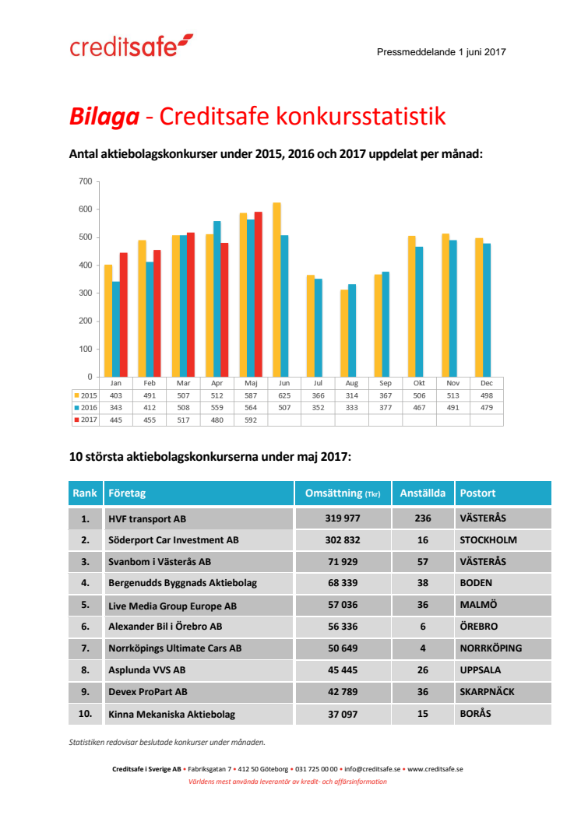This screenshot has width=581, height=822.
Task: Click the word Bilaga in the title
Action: click(x=104, y=117)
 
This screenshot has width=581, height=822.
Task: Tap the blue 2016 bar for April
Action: click(x=217, y=299)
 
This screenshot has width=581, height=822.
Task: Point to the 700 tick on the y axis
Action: click(x=85, y=181)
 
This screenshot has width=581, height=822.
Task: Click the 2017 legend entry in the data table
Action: click(x=86, y=420)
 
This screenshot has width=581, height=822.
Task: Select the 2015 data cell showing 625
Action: click(x=283, y=395)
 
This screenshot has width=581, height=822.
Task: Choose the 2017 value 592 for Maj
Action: click(x=250, y=420)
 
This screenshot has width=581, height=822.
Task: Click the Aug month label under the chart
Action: click(x=351, y=383)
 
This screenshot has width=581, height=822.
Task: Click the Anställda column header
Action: click(x=422, y=494)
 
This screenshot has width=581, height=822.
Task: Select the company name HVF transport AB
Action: click(x=147, y=518)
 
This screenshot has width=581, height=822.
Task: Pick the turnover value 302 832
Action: click(x=343, y=540)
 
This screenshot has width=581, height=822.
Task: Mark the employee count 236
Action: click(x=422, y=518)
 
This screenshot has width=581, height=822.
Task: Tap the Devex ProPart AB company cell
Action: click(x=148, y=692)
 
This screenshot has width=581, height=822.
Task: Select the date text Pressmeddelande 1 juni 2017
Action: click(x=442, y=52)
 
